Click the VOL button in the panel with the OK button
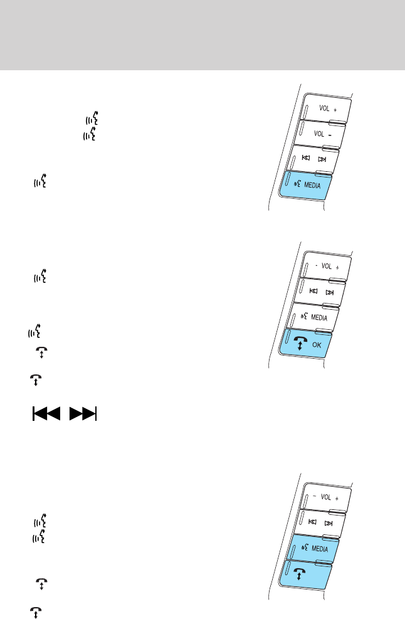coord(325,267)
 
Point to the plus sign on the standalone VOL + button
coord(336,108)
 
